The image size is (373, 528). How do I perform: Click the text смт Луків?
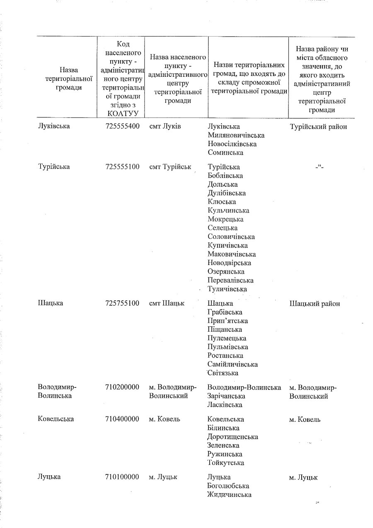(x=165, y=126)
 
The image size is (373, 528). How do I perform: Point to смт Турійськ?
(x=170, y=167)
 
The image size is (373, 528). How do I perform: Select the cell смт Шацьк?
(x=167, y=304)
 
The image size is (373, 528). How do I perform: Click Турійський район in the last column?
(x=318, y=127)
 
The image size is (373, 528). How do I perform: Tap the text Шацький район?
(x=315, y=304)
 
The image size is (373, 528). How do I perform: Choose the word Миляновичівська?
(x=236, y=135)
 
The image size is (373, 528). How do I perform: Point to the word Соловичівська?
(x=231, y=236)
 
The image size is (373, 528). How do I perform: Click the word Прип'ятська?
(x=228, y=321)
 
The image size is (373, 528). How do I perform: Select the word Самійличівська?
(x=233, y=364)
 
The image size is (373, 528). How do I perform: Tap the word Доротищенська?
(x=233, y=437)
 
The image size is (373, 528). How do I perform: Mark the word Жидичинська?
(x=229, y=494)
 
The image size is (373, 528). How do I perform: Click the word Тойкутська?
(x=225, y=463)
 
